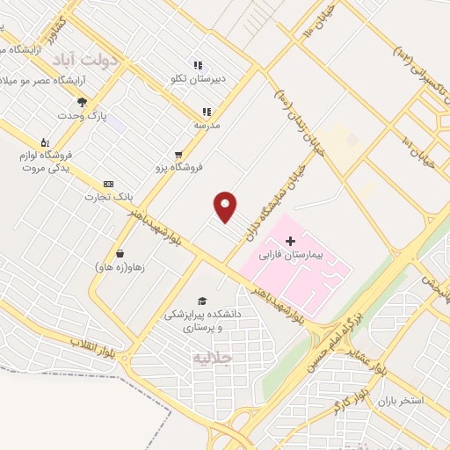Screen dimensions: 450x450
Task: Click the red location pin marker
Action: pyautogui.click(x=226, y=206)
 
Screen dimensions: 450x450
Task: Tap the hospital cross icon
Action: pyautogui.click(x=291, y=240)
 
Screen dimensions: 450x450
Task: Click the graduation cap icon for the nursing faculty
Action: pyautogui.click(x=204, y=301)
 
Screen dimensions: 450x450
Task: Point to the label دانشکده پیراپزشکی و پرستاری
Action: pyautogui.click(x=204, y=320)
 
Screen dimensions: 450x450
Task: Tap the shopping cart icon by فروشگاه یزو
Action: pyautogui.click(x=179, y=154)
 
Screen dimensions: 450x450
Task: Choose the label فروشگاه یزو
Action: pyautogui.click(x=179, y=166)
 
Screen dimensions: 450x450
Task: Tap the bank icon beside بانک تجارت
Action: pyautogui.click(x=107, y=184)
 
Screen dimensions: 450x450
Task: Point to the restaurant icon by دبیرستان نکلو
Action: pyautogui.click(x=198, y=65)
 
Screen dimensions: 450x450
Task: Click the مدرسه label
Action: pyautogui.click(x=207, y=125)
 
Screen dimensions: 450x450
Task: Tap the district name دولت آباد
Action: pyautogui.click(x=79, y=60)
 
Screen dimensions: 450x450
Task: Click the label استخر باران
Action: pyautogui.click(x=401, y=401)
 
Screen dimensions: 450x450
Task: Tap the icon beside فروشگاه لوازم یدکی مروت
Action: pyautogui.click(x=44, y=142)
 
